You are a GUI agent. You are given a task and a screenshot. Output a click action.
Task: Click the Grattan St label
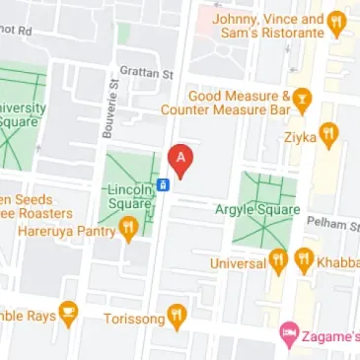pos(146,72)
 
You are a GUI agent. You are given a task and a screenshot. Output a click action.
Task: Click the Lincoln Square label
pos(130,196)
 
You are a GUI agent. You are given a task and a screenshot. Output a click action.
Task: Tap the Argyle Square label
pos(264,213)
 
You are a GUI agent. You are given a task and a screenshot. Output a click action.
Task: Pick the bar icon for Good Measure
pos(303,97)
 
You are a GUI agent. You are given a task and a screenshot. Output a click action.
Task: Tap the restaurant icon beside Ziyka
pos(329,132)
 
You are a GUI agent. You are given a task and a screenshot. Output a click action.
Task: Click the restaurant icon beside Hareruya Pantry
pos(128,231)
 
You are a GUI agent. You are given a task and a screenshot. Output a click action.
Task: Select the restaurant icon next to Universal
pos(279,262)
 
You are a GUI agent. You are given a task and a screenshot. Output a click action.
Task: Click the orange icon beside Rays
pos(68,315)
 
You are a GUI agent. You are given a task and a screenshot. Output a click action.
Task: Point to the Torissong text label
pos(136,318)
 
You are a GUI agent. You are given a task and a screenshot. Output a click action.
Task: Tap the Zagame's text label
pos(331,335)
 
